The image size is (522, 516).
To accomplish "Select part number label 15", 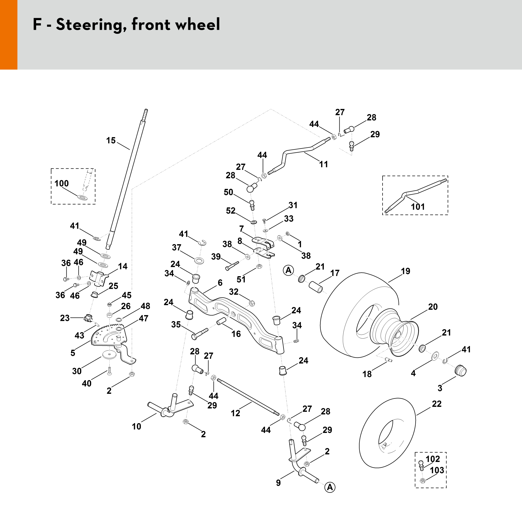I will (x=111, y=140).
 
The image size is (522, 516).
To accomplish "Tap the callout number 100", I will (x=62, y=183).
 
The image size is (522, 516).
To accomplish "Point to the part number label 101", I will (x=418, y=207).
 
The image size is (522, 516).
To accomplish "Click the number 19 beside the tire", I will (x=406, y=271).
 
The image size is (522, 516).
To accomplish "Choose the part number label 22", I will (x=437, y=404).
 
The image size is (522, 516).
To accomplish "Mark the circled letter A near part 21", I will (x=288, y=270).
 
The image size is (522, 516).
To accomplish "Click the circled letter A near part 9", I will (x=330, y=487).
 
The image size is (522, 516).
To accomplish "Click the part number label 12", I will (x=235, y=413).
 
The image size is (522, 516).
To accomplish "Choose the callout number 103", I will (x=437, y=470).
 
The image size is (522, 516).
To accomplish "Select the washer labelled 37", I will (x=199, y=261).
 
